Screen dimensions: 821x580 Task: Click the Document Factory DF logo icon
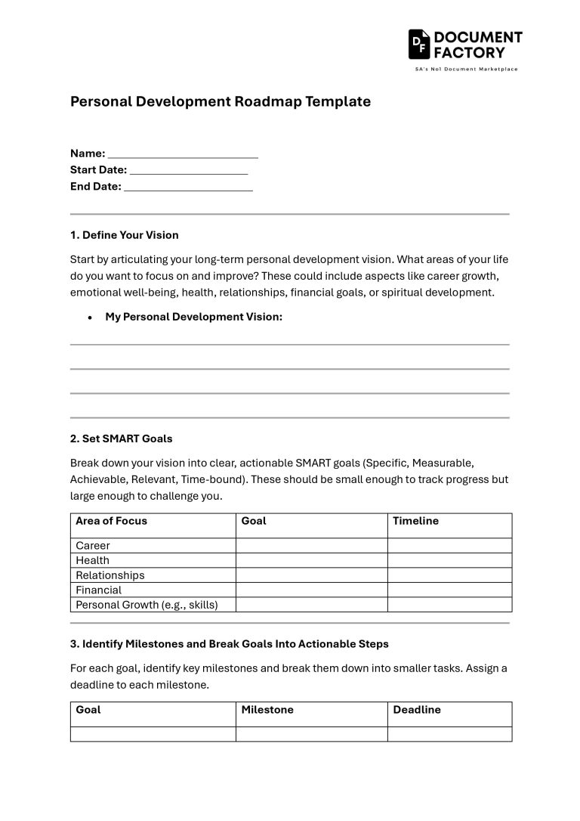coord(419,45)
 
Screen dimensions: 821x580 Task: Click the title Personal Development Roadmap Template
coord(221,101)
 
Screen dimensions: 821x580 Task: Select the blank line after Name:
coord(183,153)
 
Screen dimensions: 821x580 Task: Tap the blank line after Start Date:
coord(189,170)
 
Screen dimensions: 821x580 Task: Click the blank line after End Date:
coord(188,187)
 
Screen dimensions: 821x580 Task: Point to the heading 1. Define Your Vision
coord(125,235)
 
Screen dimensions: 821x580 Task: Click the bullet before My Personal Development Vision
coord(90,318)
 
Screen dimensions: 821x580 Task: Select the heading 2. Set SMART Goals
coord(122,438)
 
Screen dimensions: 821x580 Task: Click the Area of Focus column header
coord(112,521)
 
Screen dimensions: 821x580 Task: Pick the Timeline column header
coord(415,521)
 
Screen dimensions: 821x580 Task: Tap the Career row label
coord(93,546)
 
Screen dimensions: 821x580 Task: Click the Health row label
coord(92,560)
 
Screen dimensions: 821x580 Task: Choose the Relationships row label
coord(110,575)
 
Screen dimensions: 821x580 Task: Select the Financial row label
coord(98,590)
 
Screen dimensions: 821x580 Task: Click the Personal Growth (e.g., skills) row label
coord(147,605)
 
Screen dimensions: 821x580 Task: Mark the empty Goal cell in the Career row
coord(311,546)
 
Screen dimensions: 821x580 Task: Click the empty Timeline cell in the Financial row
coord(449,590)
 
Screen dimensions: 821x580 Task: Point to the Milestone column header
coord(267,710)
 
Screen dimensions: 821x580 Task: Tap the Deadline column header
coord(417,710)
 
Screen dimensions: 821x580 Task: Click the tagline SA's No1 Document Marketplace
coord(466,69)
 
